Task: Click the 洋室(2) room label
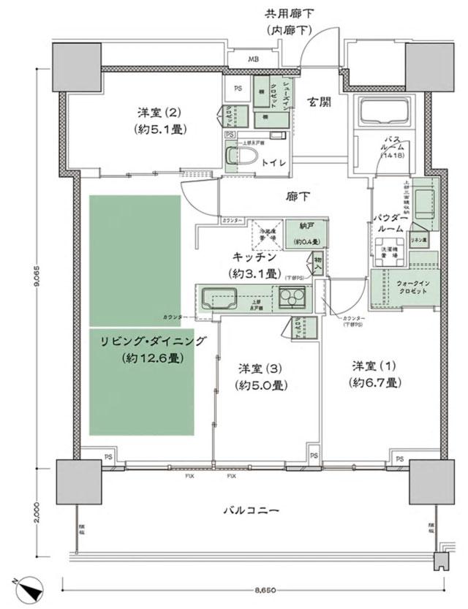(x=158, y=113)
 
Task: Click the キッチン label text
(x=254, y=257)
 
